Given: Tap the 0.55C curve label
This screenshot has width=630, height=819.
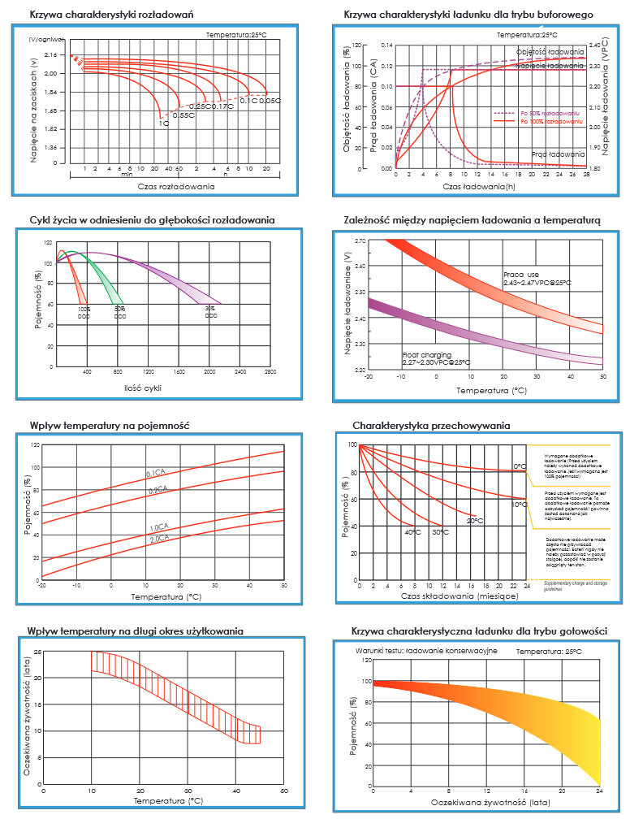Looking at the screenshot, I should (183, 115).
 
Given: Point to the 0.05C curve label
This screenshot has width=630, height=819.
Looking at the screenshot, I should (270, 101).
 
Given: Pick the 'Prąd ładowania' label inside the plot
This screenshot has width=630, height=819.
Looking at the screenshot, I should (559, 154).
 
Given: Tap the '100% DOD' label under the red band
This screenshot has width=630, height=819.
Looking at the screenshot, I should (84, 312).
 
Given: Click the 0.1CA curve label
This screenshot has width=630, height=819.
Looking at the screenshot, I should (156, 473).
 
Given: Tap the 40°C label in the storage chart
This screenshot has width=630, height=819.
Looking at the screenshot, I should (412, 531).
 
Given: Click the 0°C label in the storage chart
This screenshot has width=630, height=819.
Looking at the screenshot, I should (520, 466).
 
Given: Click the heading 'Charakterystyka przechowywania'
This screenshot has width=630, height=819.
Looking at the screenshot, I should (431, 425).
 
